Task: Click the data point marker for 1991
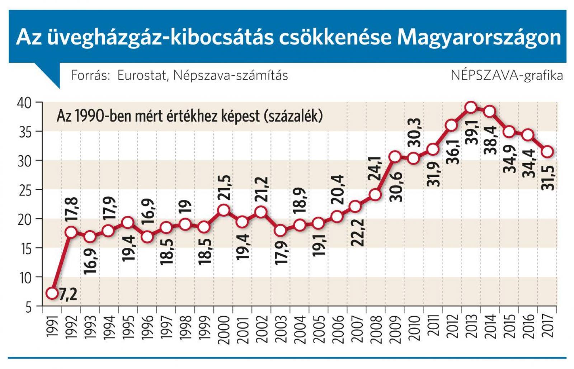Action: [52, 293]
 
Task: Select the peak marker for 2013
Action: [471, 107]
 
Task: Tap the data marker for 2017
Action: [547, 152]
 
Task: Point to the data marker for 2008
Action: [375, 195]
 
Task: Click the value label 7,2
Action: [68, 294]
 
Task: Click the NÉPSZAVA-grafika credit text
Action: [507, 75]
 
